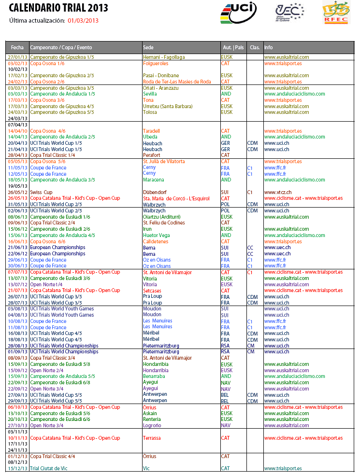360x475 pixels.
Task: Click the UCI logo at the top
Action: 238,12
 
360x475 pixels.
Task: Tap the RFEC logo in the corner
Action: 336,13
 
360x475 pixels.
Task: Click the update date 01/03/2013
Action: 83,20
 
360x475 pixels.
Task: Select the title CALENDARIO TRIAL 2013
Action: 58,8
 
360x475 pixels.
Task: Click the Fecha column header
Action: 17,48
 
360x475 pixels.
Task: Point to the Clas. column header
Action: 254,48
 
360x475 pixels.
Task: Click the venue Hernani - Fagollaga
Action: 164,57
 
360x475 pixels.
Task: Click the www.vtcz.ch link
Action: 278,192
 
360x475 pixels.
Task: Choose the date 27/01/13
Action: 17,57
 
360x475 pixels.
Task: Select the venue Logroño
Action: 153,425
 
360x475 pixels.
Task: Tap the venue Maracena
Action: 154,180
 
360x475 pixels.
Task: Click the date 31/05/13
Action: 17,204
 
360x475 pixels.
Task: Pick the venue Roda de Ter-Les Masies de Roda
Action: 177,82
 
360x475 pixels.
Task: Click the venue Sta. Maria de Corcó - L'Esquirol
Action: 176,198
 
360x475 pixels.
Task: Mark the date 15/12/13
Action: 17,468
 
